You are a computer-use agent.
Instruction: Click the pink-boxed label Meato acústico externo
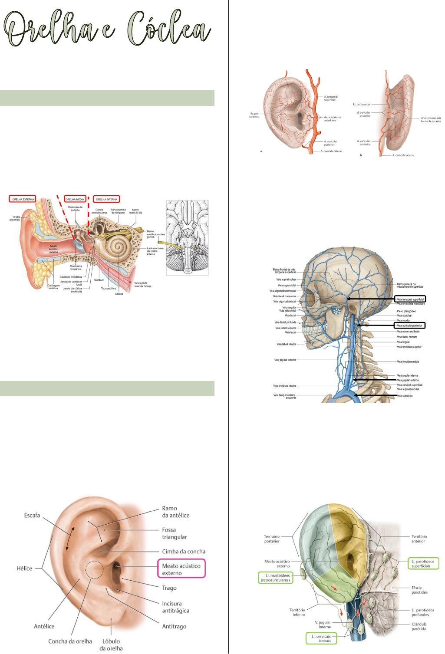181,569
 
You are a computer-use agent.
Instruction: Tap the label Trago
169,588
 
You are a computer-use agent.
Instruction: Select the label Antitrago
174,626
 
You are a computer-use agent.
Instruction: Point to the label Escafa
32,516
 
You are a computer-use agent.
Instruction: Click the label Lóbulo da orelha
111,644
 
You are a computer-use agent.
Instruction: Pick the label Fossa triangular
175,533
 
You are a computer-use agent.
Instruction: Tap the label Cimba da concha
184,552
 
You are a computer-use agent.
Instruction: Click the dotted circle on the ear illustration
94,570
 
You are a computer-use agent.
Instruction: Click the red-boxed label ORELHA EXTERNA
23,199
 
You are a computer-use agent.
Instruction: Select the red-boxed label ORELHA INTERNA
107,199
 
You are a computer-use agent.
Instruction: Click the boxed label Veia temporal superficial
410,299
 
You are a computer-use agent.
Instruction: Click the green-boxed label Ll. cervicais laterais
321,638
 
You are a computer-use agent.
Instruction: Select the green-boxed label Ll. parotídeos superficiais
423,563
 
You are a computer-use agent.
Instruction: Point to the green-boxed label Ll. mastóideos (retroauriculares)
275,578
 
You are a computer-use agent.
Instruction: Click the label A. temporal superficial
330,98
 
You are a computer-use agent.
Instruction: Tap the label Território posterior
272,539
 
